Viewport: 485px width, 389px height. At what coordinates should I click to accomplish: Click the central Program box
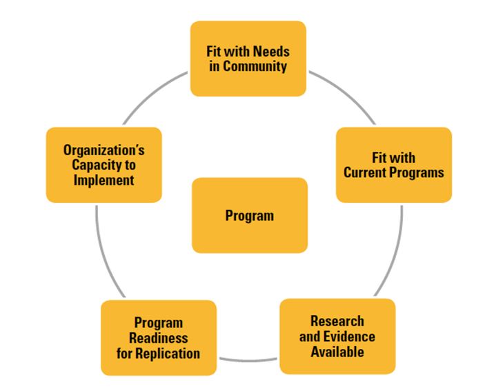[249, 215]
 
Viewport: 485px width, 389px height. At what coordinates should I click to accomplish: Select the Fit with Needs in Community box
[248, 59]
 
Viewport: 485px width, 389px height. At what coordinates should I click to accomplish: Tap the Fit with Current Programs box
[394, 165]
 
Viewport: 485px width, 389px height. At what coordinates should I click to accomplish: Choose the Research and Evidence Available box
[337, 337]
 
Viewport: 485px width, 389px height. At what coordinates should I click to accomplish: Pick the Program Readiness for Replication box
[158, 338]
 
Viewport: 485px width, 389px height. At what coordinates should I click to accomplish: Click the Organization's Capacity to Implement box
[104, 165]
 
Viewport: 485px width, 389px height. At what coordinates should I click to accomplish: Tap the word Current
[367, 172]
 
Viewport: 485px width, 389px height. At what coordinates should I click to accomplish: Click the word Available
[337, 351]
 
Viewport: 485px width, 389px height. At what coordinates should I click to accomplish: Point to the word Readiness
[159, 338]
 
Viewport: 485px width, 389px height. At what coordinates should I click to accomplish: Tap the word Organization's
[104, 150]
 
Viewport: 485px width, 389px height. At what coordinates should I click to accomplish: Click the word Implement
[104, 180]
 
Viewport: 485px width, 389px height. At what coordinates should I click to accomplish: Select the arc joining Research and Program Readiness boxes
[248, 359]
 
